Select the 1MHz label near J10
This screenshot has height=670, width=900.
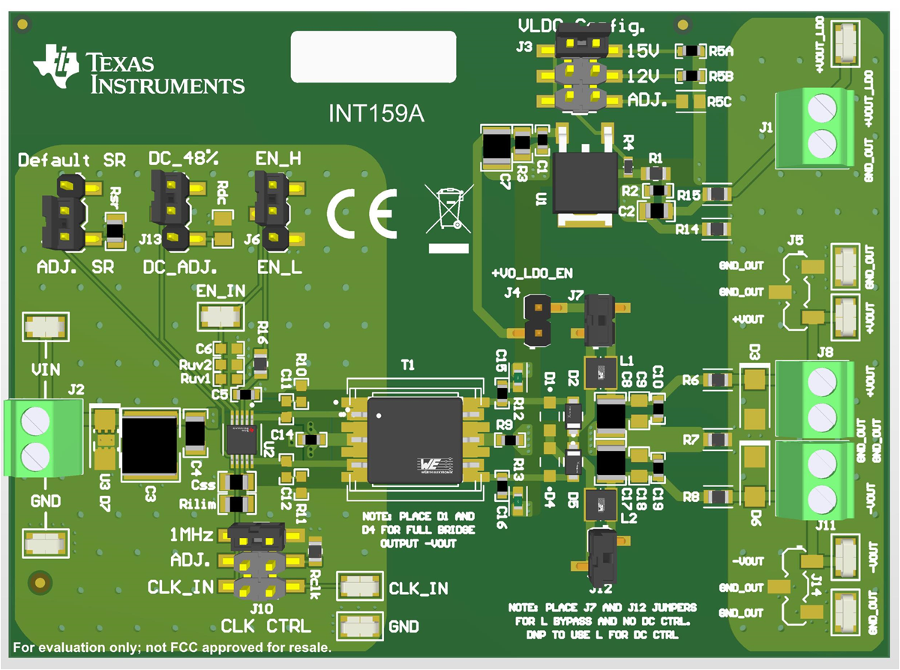191,535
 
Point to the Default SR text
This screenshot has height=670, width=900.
72,160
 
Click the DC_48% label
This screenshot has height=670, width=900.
183,158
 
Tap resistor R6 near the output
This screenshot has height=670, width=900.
718,380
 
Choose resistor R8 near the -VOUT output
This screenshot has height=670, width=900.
718,496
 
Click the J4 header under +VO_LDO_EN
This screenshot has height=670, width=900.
537,320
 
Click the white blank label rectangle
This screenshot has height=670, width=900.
373,57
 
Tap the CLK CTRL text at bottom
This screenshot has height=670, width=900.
266,626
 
